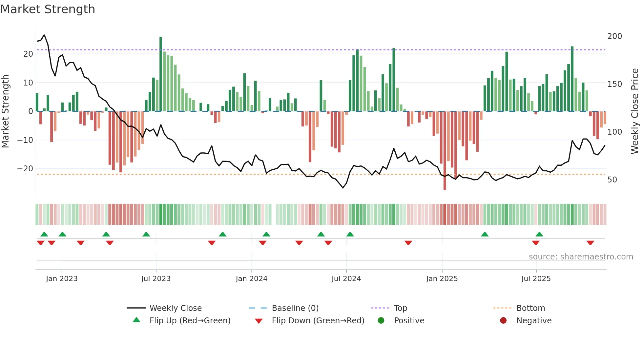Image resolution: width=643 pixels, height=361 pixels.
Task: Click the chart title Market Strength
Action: [x=48, y=9]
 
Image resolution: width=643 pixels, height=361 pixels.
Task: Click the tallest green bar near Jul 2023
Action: [x=161, y=74]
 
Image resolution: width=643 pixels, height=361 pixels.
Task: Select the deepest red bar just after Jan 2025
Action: [x=445, y=151]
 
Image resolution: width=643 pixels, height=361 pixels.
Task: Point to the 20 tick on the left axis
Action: [x=28, y=54]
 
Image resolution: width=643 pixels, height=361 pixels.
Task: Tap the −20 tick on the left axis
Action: [x=26, y=169]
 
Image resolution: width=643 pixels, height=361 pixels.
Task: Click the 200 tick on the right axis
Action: [x=614, y=36]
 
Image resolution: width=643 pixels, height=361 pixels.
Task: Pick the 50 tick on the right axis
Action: [x=612, y=180]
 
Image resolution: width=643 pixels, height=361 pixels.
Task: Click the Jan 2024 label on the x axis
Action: [x=251, y=279]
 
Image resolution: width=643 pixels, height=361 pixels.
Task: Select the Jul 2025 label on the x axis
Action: [x=536, y=279]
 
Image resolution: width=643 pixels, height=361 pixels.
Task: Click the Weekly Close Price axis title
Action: [x=635, y=111]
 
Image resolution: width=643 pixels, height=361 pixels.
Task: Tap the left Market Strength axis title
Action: [x=5, y=111]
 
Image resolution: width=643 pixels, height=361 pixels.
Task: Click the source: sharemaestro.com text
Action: [x=581, y=257]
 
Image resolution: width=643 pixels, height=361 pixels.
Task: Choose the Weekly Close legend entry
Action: [x=175, y=308]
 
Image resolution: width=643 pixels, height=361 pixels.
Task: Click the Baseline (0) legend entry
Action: [x=295, y=308]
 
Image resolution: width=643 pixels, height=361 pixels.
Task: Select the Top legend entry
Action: [x=400, y=308]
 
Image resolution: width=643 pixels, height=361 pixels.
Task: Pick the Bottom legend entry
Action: [x=530, y=308]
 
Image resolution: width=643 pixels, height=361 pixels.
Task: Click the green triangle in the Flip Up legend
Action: [x=136, y=320]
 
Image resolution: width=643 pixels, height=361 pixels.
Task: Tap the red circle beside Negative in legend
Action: [x=503, y=320]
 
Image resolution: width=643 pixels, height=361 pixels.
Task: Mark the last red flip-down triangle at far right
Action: [x=590, y=243]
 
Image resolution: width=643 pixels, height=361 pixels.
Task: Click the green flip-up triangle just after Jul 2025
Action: [x=539, y=234]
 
